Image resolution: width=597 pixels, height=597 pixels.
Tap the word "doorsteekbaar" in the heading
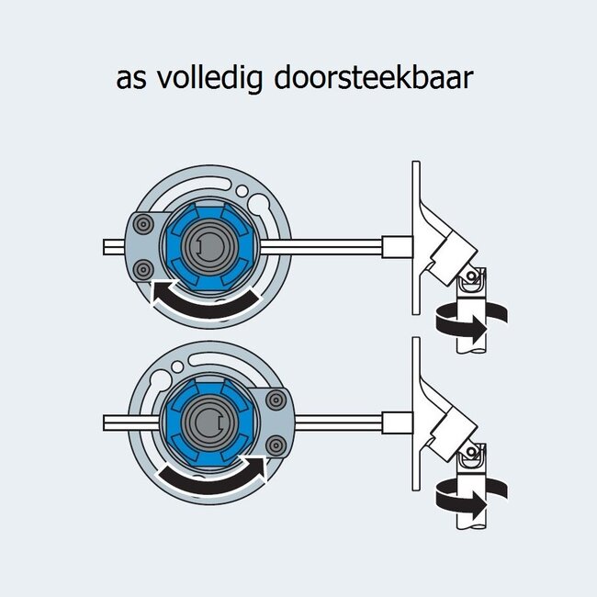tap(374, 78)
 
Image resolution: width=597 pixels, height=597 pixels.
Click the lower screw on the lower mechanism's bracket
tap(274, 445)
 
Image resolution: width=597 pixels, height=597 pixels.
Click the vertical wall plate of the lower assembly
tap(416, 404)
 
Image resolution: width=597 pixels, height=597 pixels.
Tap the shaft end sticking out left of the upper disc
tap(116, 246)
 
